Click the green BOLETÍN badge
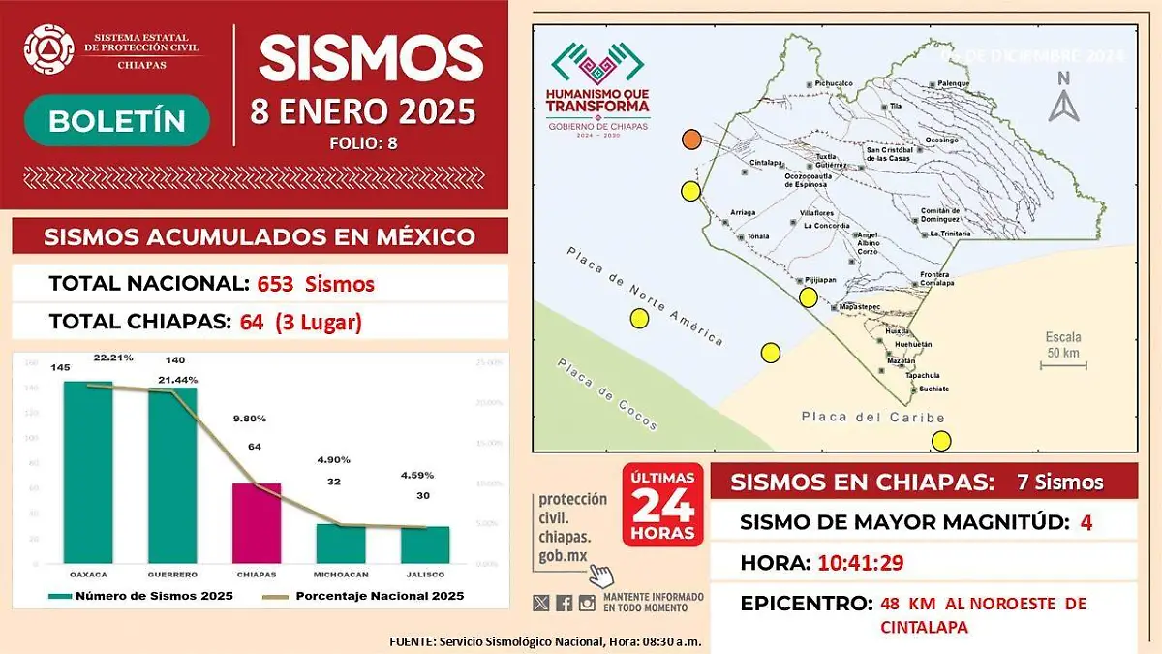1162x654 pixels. tap(117, 120)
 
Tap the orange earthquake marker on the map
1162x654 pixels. tap(691, 140)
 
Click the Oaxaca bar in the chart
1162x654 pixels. tap(88, 472)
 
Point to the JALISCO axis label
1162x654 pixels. tap(425, 575)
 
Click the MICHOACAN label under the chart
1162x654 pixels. tap(341, 575)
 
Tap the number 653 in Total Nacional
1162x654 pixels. tap(276, 284)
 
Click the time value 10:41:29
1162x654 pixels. tap(861, 562)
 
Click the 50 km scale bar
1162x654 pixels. tap(1064, 365)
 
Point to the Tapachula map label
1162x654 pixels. tap(922, 375)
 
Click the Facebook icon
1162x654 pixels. tap(564, 603)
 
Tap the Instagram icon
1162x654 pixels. tap(587, 603)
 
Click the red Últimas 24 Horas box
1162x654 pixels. tap(662, 505)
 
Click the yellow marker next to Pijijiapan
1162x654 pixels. tap(809, 297)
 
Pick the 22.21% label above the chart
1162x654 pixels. tap(113, 358)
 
